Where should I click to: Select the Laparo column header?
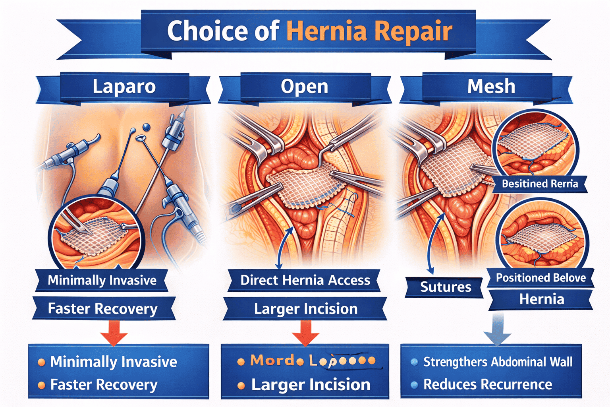pyautogui.click(x=124, y=87)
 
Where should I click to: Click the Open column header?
pyautogui.click(x=305, y=87)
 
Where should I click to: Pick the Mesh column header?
pyautogui.click(x=491, y=87)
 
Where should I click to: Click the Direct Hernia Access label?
pyautogui.click(x=305, y=281)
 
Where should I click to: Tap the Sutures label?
pyautogui.click(x=445, y=287)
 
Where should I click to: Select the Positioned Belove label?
pyautogui.click(x=541, y=278)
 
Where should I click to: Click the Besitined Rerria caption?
pyautogui.click(x=540, y=184)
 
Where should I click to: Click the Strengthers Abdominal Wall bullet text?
pyautogui.click(x=497, y=362)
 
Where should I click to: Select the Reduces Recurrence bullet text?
pyautogui.click(x=487, y=385)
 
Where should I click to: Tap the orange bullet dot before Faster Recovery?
pyautogui.click(x=41, y=385)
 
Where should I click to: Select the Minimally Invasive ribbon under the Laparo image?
pyautogui.click(x=102, y=281)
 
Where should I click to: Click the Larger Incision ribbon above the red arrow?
pyautogui.click(x=305, y=309)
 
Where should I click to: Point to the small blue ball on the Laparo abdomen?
pyautogui.click(x=147, y=127)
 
